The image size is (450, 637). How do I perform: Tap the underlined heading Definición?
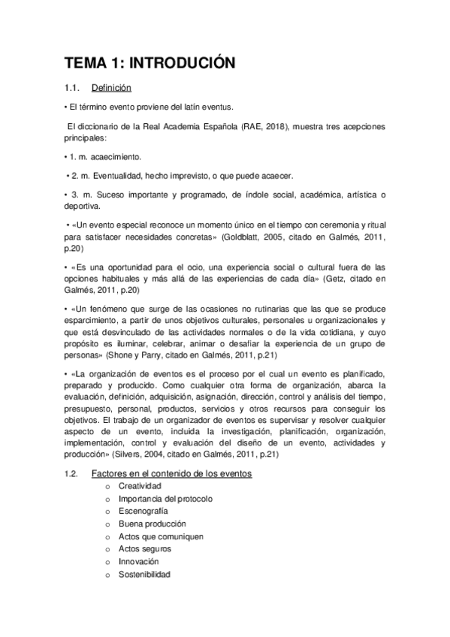click(x=111, y=89)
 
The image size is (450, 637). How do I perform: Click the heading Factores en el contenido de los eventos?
click(x=171, y=473)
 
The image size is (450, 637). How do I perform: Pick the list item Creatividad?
click(x=139, y=486)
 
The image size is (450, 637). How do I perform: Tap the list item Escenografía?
click(x=143, y=511)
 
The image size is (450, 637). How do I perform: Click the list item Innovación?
click(x=138, y=562)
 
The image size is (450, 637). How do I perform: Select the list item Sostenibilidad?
click(x=144, y=575)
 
